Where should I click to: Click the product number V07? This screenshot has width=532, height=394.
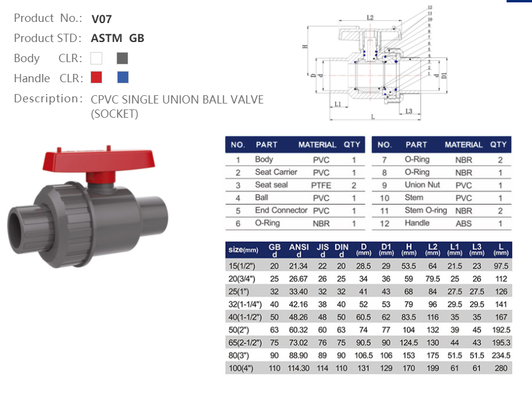click(102, 18)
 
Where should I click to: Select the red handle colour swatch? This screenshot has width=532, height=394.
click(96, 77)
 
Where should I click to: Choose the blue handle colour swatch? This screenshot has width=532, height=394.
click(122, 77)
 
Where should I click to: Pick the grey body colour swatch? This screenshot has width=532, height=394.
click(122, 58)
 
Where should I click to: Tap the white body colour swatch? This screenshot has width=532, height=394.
click(96, 58)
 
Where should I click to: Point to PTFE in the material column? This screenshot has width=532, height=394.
click(321, 185)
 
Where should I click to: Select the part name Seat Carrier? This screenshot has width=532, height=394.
click(276, 172)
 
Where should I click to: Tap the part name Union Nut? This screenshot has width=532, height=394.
click(422, 185)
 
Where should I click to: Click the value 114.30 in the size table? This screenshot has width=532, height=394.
click(299, 368)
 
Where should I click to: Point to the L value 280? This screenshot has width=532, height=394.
click(501, 368)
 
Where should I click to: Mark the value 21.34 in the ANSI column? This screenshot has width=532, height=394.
click(299, 266)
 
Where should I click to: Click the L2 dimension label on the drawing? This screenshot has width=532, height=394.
click(370, 18)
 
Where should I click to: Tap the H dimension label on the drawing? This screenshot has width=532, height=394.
click(305, 46)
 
